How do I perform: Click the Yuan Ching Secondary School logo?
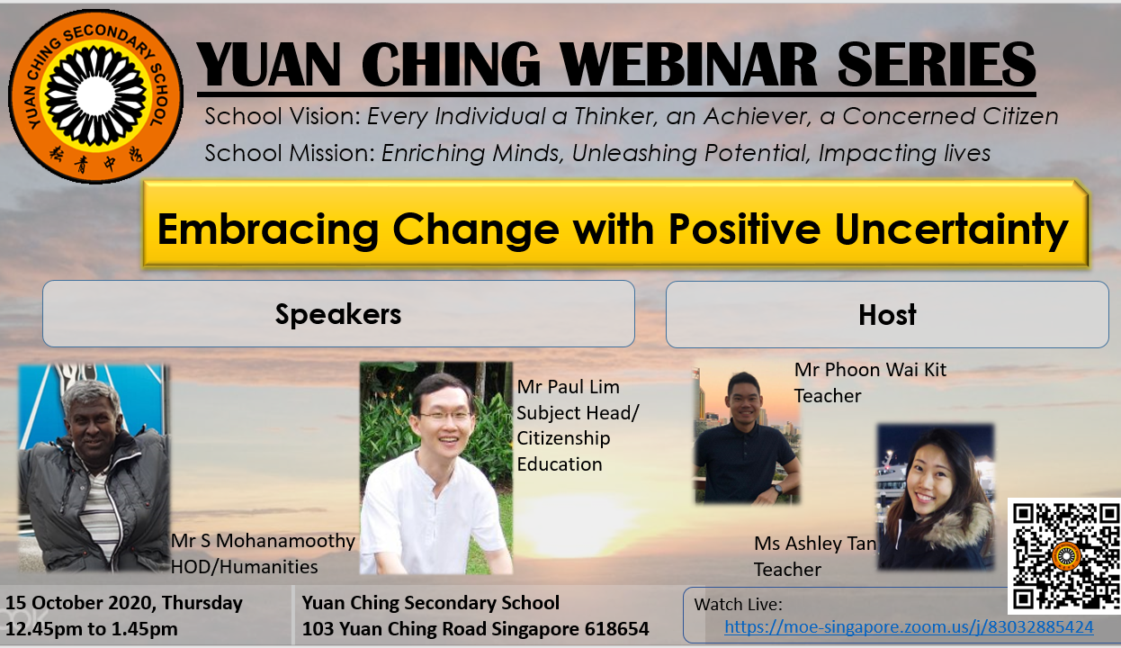pyautogui.click(x=95, y=95)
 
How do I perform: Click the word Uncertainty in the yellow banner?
pyautogui.click(x=951, y=229)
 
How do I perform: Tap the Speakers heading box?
pyautogui.click(x=338, y=314)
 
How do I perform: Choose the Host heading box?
pyautogui.click(x=887, y=314)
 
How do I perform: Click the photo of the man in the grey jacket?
pyautogui.click(x=94, y=468)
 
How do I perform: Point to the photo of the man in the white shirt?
pyautogui.click(x=435, y=468)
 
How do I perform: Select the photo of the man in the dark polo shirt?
pyautogui.click(x=747, y=436)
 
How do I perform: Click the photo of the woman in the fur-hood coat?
pyautogui.click(x=936, y=497)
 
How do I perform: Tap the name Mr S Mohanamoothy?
pyautogui.click(x=263, y=541)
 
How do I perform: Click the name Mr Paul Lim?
pyautogui.click(x=568, y=387)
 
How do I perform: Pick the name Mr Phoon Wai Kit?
pyautogui.click(x=870, y=370)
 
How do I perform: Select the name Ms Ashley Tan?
pyautogui.click(x=815, y=544)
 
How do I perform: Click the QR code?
pyautogui.click(x=1064, y=555)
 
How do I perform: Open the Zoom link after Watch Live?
pyautogui.click(x=909, y=627)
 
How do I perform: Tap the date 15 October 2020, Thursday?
pyautogui.click(x=124, y=603)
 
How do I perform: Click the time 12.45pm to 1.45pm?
pyautogui.click(x=92, y=629)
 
